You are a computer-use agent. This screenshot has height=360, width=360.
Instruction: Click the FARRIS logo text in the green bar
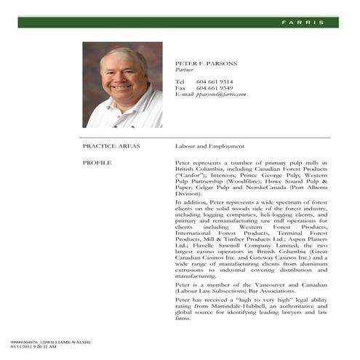click(303, 23)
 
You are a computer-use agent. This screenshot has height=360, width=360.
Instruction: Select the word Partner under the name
click(185, 71)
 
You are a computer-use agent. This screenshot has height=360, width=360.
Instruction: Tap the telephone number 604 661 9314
click(215, 81)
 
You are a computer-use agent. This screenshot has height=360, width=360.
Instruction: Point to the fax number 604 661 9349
click(215, 88)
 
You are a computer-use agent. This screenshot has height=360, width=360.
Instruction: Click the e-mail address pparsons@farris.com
click(222, 95)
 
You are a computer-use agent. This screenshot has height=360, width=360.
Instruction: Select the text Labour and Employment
click(209, 146)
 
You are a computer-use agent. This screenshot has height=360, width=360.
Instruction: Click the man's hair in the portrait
click(123, 55)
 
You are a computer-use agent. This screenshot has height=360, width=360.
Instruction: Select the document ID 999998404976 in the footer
click(25, 341)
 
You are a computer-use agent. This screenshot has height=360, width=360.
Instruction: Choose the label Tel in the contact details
click(180, 81)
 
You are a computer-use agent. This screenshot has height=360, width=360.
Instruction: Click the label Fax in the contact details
click(181, 88)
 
